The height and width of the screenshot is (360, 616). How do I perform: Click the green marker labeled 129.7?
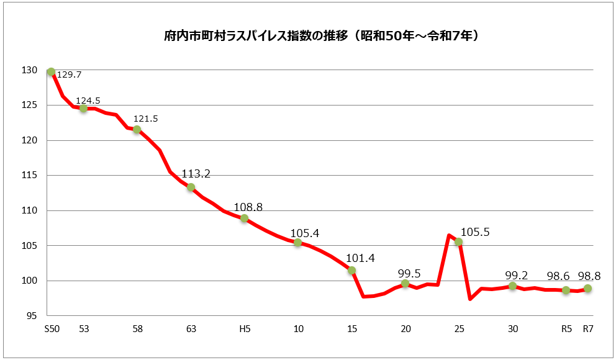(x=51, y=72)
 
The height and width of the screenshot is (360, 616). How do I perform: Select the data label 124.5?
(x=88, y=100)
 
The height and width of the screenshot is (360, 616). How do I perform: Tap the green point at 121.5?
(x=137, y=129)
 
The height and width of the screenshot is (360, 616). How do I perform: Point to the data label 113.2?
(x=196, y=174)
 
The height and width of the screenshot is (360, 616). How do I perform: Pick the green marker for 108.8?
(x=244, y=218)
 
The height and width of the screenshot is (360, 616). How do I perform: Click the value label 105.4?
(x=304, y=233)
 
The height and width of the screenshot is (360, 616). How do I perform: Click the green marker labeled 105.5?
(x=458, y=241)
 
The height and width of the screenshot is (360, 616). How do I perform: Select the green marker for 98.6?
(x=566, y=290)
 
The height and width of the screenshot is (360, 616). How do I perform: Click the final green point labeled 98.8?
(x=587, y=289)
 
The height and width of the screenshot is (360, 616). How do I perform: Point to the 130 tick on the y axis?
(x=30, y=70)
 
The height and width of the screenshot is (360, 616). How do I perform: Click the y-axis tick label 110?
(x=30, y=210)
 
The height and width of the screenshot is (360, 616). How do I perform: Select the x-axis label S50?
(x=52, y=329)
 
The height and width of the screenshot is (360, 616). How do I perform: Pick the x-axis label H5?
(x=245, y=329)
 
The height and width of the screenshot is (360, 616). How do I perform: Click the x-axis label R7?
(x=588, y=329)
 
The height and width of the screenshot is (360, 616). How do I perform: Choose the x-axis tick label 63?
(x=191, y=329)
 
